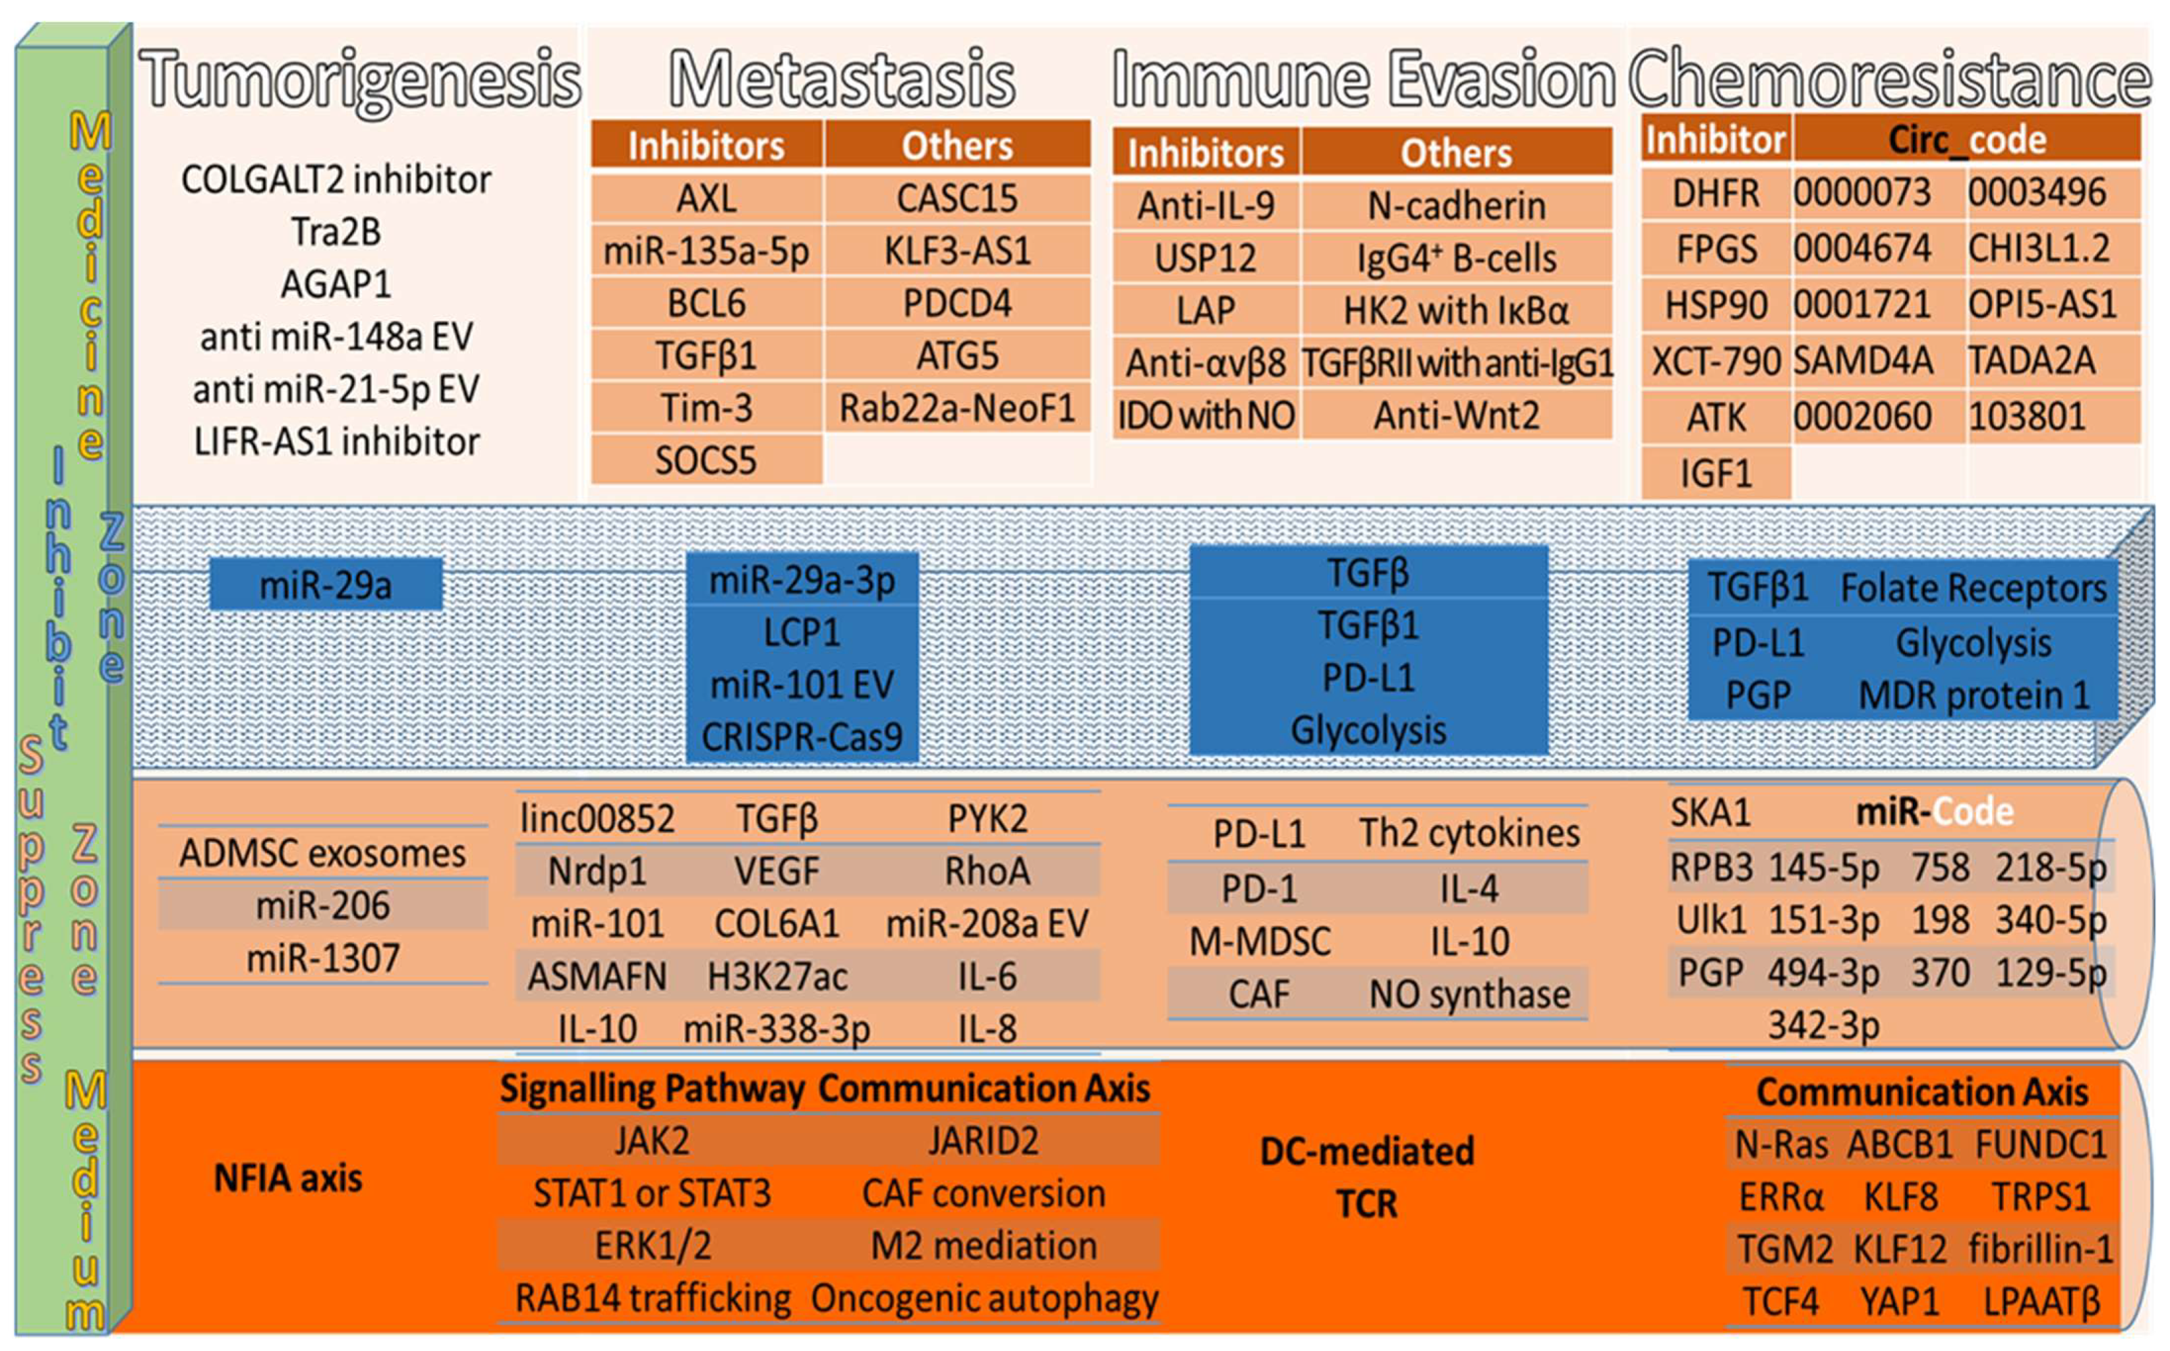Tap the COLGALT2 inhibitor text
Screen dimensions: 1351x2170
pos(336,181)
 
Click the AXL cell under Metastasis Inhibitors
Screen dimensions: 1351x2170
pos(706,198)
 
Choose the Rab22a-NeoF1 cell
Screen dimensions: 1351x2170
pos(956,409)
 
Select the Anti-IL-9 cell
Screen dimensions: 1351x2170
pos(1206,206)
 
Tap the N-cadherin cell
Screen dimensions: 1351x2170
pos(1456,206)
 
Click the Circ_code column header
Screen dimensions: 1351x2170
pos(1966,140)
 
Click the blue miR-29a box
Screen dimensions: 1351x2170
pos(326,585)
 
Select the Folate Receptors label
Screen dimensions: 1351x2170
pos(1974,588)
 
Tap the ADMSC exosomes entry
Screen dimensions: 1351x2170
pos(322,853)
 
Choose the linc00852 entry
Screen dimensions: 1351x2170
pos(597,819)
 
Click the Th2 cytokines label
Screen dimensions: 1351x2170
pos(1469,833)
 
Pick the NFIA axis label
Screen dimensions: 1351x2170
pos(288,1178)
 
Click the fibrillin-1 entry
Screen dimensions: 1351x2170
pos(2040,1249)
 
